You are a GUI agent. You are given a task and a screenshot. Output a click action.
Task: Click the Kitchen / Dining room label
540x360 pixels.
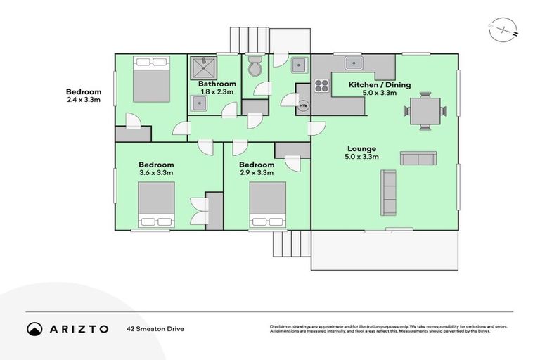pyautogui.click(x=380, y=85)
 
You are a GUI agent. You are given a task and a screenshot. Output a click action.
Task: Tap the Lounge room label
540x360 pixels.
pyautogui.click(x=361, y=148)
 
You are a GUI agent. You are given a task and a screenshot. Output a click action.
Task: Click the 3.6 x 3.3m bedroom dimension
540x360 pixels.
pyautogui.click(x=155, y=172)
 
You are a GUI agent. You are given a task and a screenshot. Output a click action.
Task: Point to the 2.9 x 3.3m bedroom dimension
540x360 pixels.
pyautogui.click(x=256, y=172)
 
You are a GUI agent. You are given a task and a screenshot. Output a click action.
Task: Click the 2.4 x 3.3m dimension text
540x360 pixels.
pyautogui.click(x=84, y=101)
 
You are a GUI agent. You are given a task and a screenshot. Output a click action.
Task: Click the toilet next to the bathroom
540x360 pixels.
pyautogui.click(x=255, y=67)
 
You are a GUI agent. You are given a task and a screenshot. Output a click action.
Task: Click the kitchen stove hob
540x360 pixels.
pyautogui.click(x=321, y=86)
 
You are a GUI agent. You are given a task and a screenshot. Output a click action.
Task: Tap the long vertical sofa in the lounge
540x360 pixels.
pyautogui.click(x=388, y=193)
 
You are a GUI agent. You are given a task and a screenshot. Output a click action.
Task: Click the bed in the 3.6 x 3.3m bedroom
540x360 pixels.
pyautogui.click(x=155, y=205)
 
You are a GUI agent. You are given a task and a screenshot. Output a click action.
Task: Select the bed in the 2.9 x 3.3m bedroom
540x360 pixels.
pyautogui.click(x=267, y=205)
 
